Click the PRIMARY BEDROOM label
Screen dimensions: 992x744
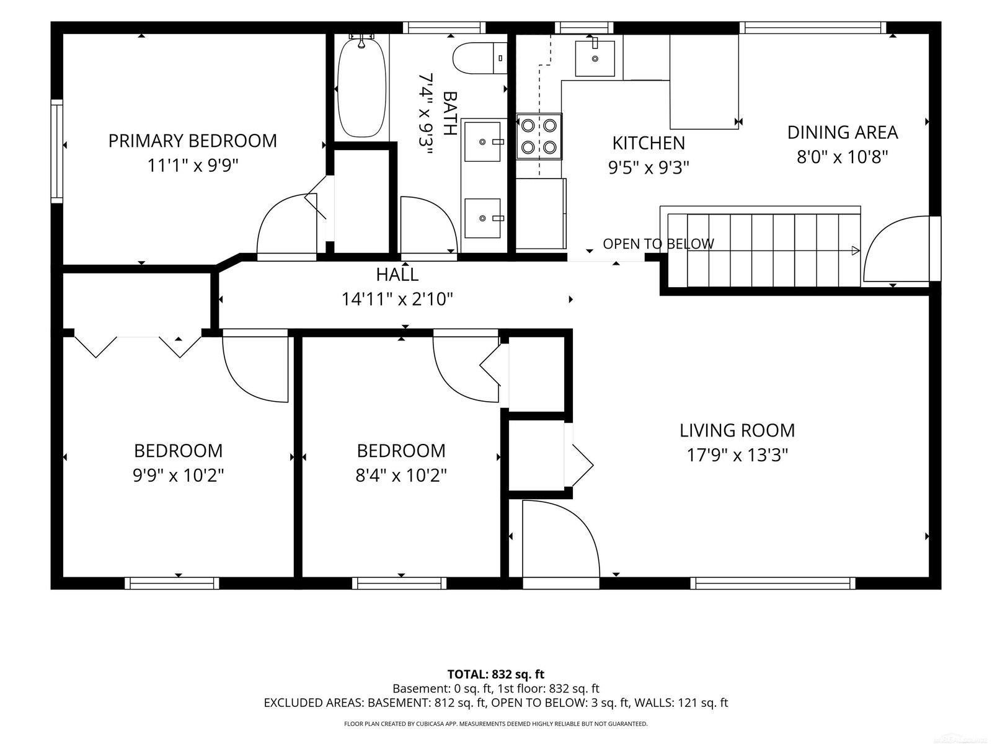point(193,141)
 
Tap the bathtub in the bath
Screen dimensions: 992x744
point(361,87)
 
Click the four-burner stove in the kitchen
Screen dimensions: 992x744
point(539,136)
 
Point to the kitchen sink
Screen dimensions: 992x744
point(595,58)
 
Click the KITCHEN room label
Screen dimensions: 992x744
point(649,143)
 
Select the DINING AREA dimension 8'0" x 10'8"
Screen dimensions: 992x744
point(843,157)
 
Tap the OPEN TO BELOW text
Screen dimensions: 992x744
point(658,244)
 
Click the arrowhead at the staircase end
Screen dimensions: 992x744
point(855,250)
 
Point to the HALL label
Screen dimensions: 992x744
point(397,274)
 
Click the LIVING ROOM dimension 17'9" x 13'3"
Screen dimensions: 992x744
point(737,455)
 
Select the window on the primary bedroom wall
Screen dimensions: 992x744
point(57,151)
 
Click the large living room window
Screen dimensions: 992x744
point(773,583)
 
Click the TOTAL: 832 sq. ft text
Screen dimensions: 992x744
point(496,675)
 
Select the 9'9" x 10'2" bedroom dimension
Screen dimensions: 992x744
point(179,475)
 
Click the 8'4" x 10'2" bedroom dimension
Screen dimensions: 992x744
point(401,475)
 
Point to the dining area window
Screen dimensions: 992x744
point(813,27)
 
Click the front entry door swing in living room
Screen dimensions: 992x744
point(561,538)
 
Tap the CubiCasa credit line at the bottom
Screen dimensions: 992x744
point(496,724)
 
